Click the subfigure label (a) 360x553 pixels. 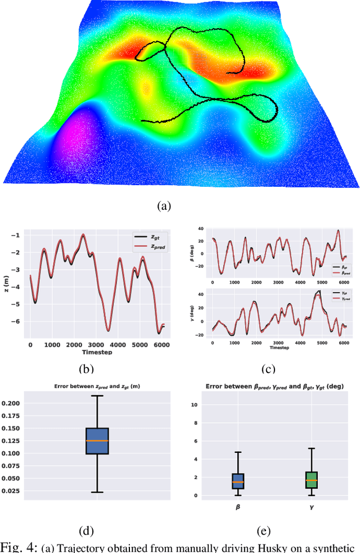(x=163, y=206)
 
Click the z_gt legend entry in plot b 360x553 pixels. (x=147, y=237)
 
